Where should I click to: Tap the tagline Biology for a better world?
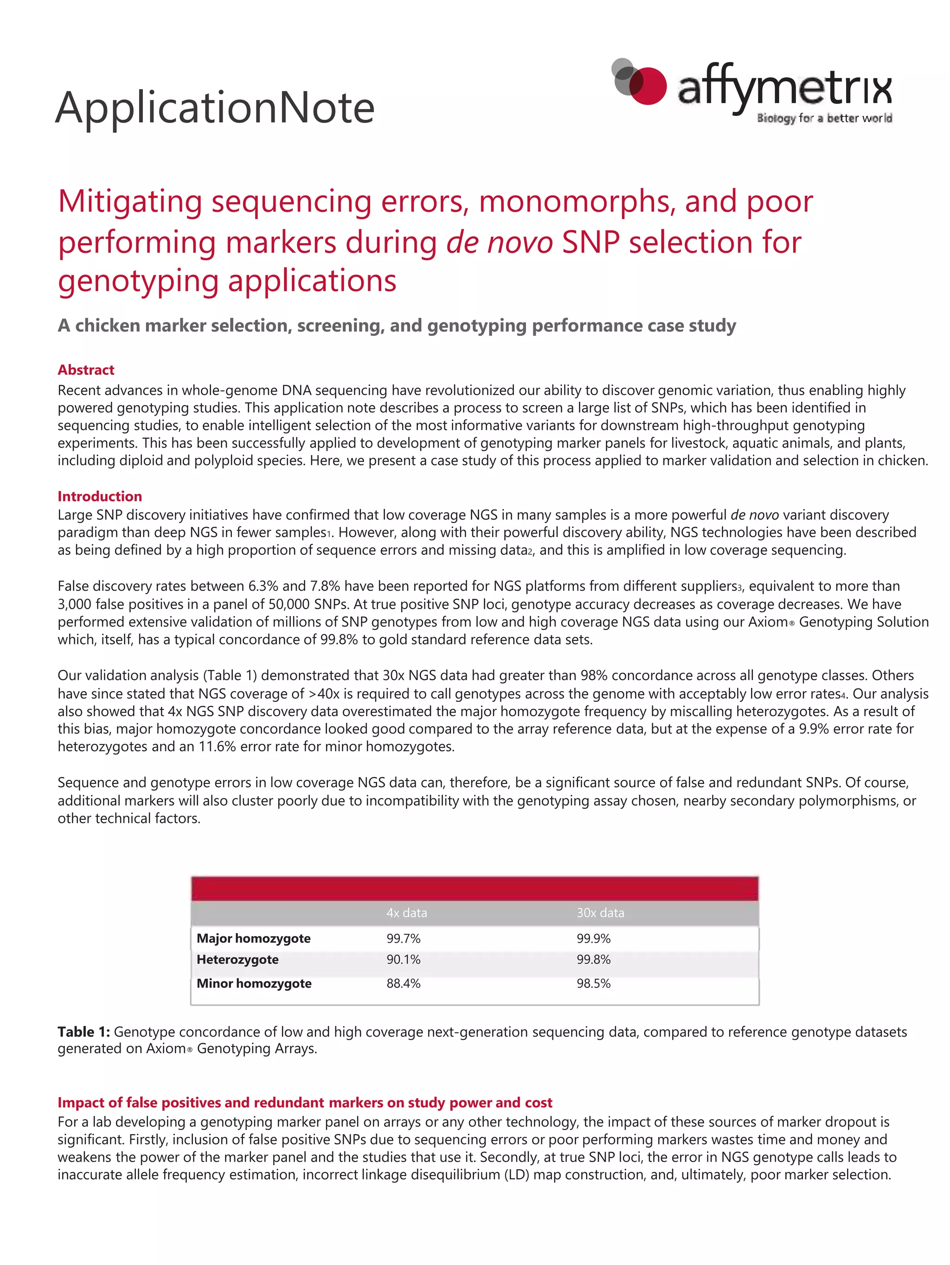click(x=824, y=118)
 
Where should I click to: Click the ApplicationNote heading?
click(x=214, y=108)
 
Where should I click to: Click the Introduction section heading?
click(x=100, y=496)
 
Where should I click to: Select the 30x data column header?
click(x=600, y=913)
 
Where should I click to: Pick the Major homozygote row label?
click(x=253, y=938)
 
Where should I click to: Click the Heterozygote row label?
click(x=237, y=960)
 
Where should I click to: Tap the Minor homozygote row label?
click(x=254, y=983)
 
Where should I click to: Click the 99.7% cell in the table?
click(x=403, y=938)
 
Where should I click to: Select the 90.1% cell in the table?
click(x=403, y=960)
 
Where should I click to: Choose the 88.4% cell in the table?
click(x=403, y=983)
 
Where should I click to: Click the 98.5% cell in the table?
click(x=593, y=983)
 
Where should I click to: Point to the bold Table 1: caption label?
click(x=83, y=1032)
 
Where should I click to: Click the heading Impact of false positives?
click(x=304, y=1103)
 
